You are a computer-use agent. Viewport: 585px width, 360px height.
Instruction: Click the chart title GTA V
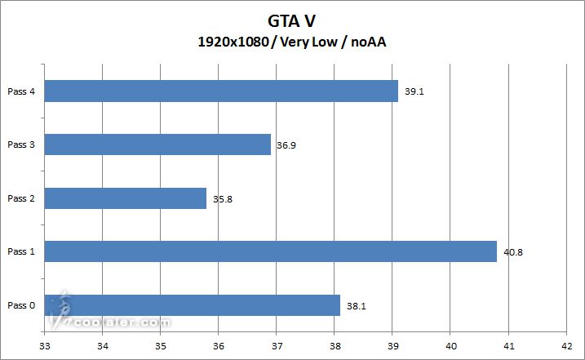pyautogui.click(x=291, y=20)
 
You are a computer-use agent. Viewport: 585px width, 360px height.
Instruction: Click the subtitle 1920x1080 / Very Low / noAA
pyautogui.click(x=291, y=42)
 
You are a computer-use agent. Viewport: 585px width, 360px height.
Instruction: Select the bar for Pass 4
pyautogui.click(x=221, y=91)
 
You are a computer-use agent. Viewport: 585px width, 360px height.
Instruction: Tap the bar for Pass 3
pyautogui.click(x=157, y=144)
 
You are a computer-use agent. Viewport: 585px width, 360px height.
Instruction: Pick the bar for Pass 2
pyautogui.click(x=126, y=198)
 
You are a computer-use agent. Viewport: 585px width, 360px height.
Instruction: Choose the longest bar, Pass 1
pyautogui.click(x=270, y=251)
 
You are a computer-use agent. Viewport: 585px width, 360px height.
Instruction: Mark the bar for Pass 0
pyautogui.click(x=192, y=305)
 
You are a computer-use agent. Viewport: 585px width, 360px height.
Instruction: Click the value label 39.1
pyautogui.click(x=414, y=91)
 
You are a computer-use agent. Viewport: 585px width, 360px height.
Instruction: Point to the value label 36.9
pyautogui.click(x=286, y=145)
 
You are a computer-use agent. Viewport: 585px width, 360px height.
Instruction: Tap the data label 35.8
pyautogui.click(x=223, y=198)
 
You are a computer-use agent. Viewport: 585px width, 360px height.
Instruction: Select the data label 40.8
pyautogui.click(x=513, y=252)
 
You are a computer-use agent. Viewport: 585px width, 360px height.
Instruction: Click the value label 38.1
pyautogui.click(x=356, y=306)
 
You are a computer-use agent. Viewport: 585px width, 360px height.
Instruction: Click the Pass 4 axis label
pyautogui.click(x=21, y=91)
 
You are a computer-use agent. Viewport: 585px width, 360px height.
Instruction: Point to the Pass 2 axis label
pyautogui.click(x=21, y=198)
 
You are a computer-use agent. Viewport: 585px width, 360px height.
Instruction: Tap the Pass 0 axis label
pyautogui.click(x=21, y=306)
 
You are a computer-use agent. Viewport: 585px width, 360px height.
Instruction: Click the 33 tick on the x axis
pyautogui.click(x=44, y=346)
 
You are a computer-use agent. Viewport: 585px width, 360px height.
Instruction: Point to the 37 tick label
pyautogui.click(x=277, y=346)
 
